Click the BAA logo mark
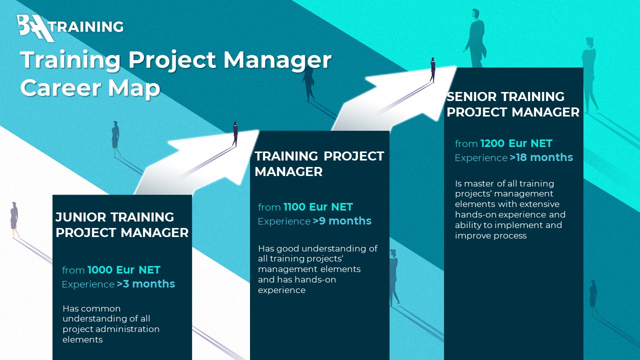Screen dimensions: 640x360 35,28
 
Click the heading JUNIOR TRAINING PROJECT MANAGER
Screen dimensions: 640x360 122,225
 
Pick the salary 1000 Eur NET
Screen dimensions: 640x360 123,269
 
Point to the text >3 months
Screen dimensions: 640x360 145,284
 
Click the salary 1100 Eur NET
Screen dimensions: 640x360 318,207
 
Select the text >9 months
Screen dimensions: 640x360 342,221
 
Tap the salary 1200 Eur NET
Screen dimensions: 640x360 516,143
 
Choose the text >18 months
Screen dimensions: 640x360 541,157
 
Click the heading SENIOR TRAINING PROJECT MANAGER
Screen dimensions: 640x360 513,104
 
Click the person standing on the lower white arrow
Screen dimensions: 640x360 235,133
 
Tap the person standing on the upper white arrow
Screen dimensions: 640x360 433,70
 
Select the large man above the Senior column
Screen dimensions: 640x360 475,38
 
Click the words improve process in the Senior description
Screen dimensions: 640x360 490,235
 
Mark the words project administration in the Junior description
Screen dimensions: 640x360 111,329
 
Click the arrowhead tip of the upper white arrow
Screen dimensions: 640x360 456,67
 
